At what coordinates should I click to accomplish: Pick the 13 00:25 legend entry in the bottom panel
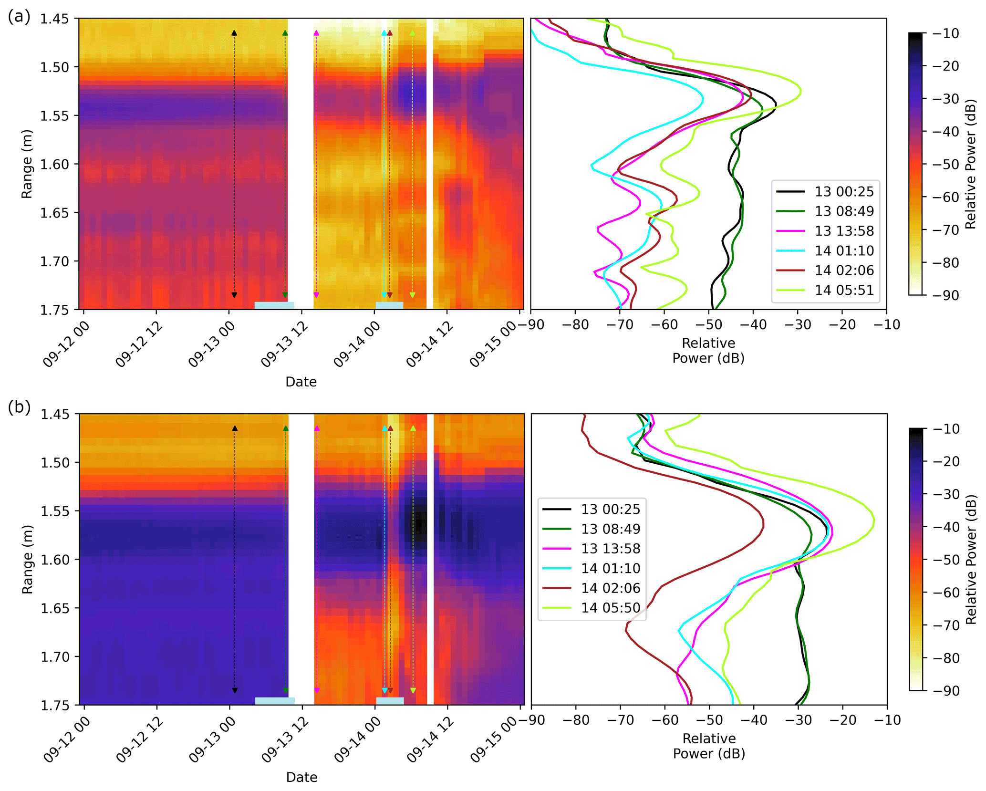pyautogui.click(x=610, y=509)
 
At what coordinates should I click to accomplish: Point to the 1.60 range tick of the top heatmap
pyautogui.click(x=54, y=164)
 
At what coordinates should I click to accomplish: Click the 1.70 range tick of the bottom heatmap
pyautogui.click(x=55, y=657)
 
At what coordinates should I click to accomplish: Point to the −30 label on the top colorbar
pyautogui.click(x=942, y=99)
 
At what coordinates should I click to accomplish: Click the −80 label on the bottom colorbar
pyautogui.click(x=943, y=658)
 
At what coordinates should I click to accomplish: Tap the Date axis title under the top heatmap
pyautogui.click(x=301, y=382)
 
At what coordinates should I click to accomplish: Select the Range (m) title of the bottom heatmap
pyautogui.click(x=27, y=559)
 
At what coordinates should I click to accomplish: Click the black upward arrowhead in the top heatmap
pyautogui.click(x=234, y=33)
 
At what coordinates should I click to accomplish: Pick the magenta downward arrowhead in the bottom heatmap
pyautogui.click(x=317, y=690)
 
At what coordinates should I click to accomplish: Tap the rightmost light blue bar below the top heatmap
pyautogui.click(x=389, y=305)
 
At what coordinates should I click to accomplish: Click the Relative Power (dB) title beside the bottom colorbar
pyautogui.click(x=971, y=559)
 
